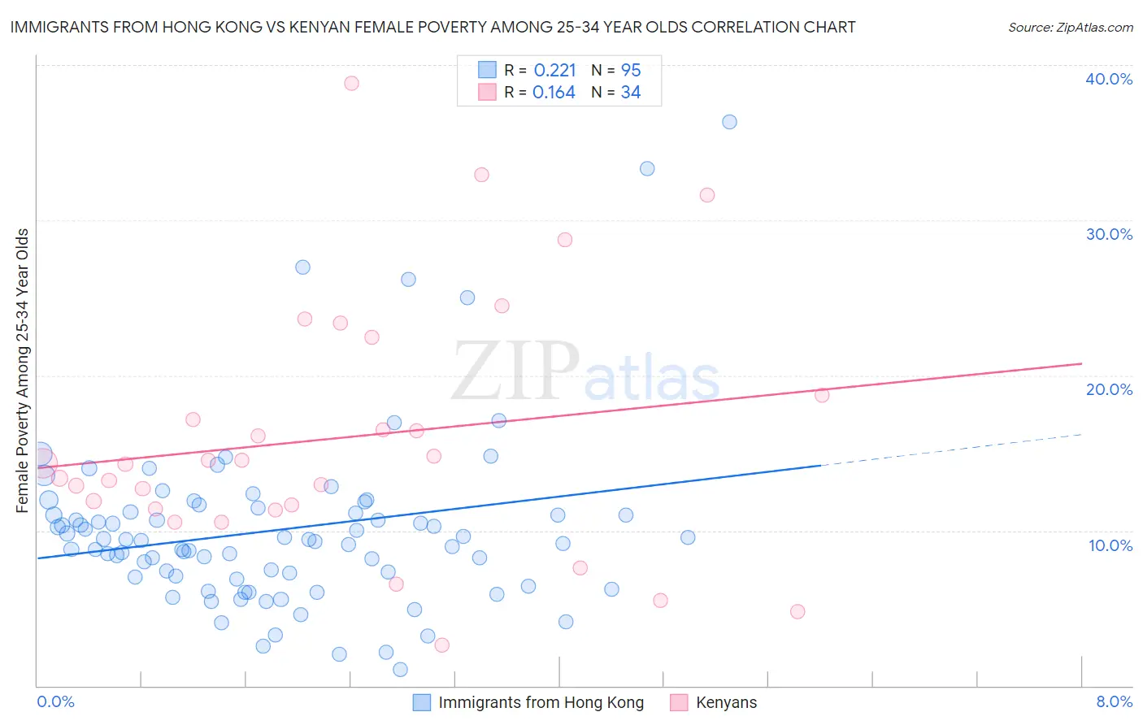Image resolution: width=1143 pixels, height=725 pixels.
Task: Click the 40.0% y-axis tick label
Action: (x=1109, y=79)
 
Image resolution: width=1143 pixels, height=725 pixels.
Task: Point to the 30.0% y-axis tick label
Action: (x=1109, y=234)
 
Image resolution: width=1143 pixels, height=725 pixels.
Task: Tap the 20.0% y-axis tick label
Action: (x=1109, y=389)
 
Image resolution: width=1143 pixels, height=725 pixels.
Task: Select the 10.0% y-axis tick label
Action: (x=1110, y=545)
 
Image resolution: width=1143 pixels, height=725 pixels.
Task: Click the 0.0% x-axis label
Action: (x=55, y=701)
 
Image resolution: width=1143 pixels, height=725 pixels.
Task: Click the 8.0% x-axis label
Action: (x=1114, y=701)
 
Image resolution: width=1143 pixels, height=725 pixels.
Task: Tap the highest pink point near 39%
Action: (x=351, y=83)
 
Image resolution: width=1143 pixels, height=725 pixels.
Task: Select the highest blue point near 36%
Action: (x=729, y=122)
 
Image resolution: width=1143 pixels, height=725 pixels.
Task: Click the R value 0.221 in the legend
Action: (x=554, y=71)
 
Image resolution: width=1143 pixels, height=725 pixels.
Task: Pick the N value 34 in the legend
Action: (x=631, y=93)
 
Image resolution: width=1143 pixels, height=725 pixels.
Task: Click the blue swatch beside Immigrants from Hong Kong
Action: (x=422, y=702)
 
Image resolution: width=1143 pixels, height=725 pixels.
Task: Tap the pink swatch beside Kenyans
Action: (x=679, y=702)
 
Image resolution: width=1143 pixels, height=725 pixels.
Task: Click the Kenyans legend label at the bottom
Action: (x=726, y=702)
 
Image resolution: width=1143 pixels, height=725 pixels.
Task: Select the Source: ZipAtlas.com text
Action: (x=1070, y=27)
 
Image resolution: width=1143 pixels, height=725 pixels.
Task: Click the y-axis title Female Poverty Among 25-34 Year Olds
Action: (x=23, y=371)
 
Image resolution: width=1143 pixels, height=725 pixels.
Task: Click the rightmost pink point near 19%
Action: (x=822, y=395)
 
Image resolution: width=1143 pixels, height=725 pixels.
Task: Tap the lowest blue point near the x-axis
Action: (x=400, y=670)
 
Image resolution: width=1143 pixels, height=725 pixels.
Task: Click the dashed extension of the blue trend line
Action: (x=951, y=449)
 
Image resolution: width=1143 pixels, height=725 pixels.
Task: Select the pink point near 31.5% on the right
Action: (x=707, y=195)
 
